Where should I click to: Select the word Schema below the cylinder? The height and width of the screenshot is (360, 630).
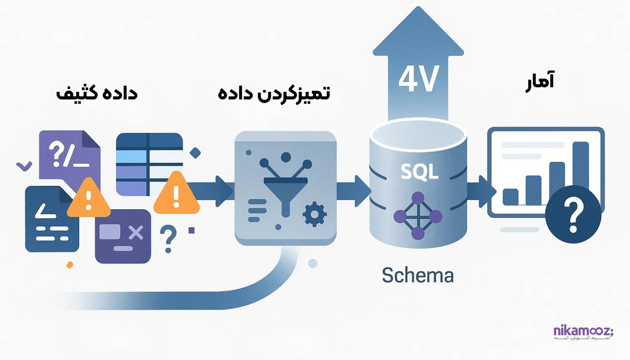tap(418, 275)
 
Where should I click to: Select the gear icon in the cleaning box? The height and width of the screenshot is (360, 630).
tap(312, 215)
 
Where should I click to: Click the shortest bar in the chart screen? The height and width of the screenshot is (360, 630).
tap(511, 196)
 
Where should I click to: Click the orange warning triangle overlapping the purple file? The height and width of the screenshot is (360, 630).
tap(89, 197)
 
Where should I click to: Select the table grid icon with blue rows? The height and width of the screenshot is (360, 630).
tap(149, 164)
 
